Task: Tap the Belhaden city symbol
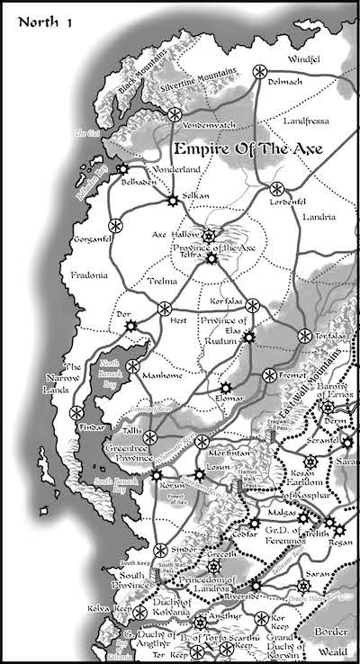122,168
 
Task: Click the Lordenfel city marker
276,189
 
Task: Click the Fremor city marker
268,374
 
